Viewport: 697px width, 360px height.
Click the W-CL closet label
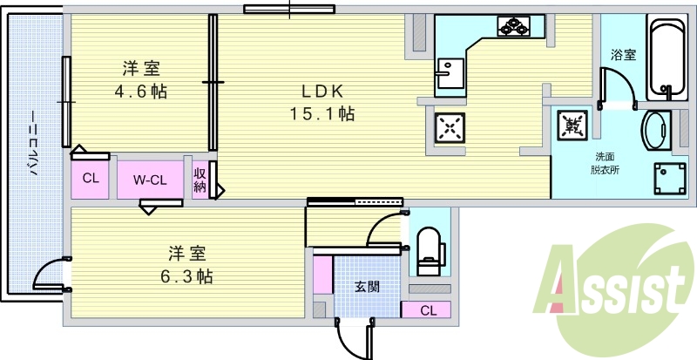[150, 180]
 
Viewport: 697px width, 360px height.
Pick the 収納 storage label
[200, 180]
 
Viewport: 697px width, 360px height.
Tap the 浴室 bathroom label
[623, 55]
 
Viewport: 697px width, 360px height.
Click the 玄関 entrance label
[366, 285]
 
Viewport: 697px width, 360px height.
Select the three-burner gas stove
[513, 27]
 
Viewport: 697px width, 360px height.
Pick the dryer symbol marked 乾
[573, 126]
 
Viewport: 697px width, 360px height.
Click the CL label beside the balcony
[90, 180]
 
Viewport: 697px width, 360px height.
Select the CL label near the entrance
[427, 310]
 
